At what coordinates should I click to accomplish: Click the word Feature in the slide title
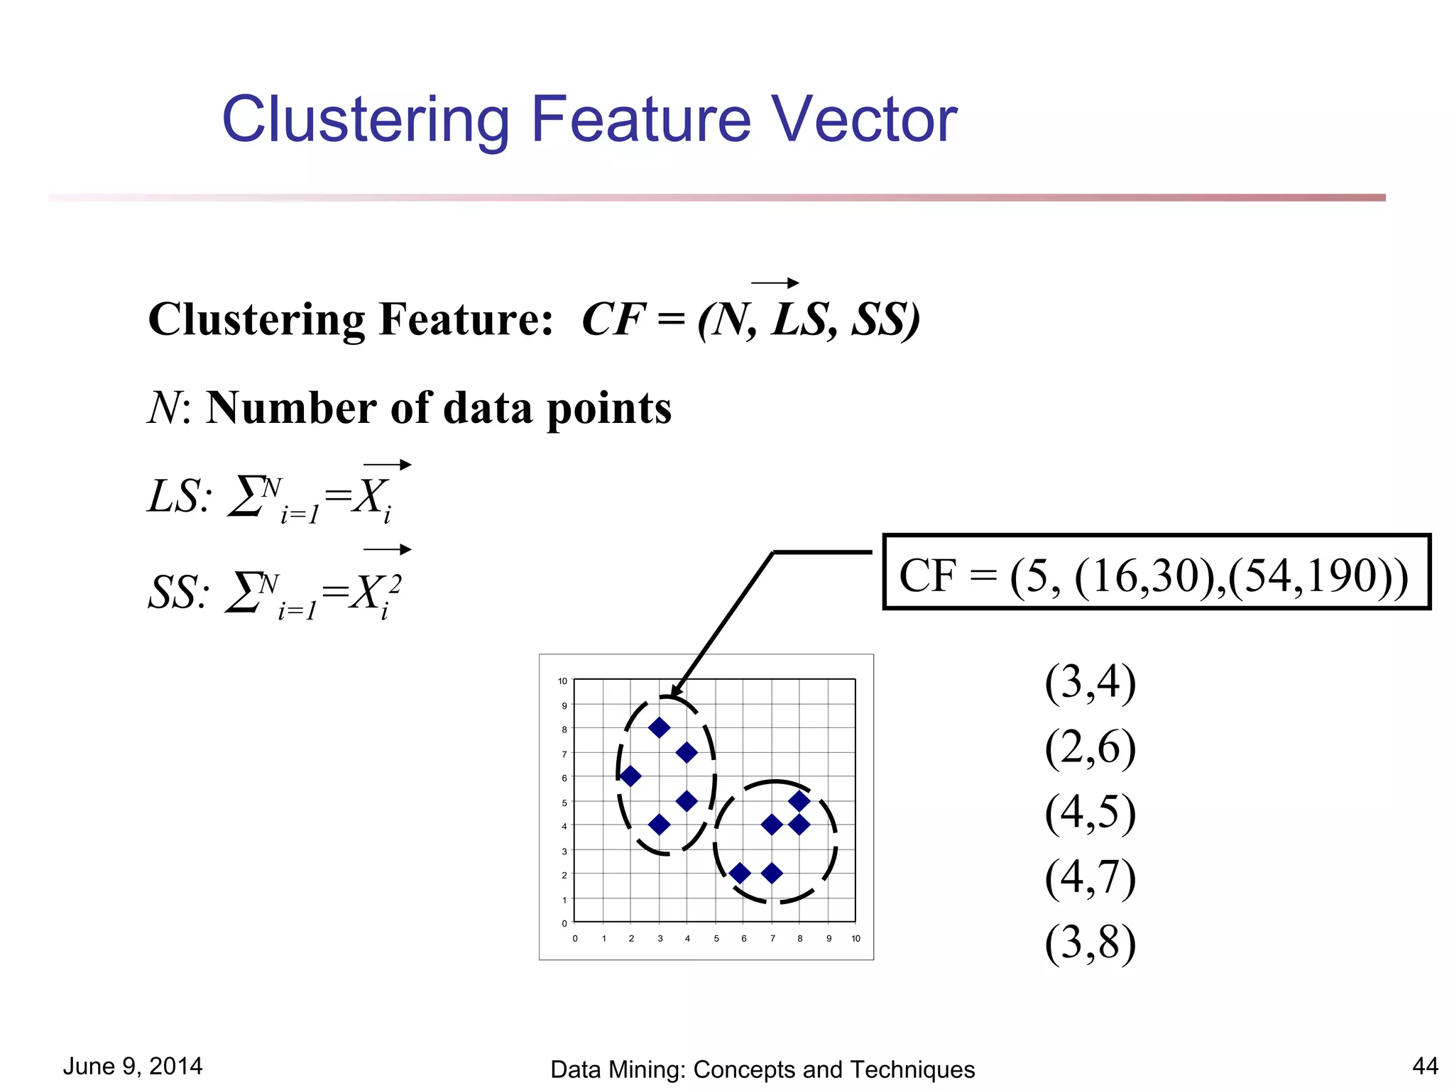coord(640,119)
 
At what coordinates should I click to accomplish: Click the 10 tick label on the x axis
coord(856,938)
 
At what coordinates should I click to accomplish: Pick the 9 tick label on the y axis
coord(564,705)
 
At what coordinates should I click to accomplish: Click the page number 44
coord(1425,1066)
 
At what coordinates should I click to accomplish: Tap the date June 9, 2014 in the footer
coord(133,1066)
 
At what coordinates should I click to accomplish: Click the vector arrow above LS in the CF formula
coord(775,283)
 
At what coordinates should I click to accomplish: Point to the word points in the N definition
coord(608,409)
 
